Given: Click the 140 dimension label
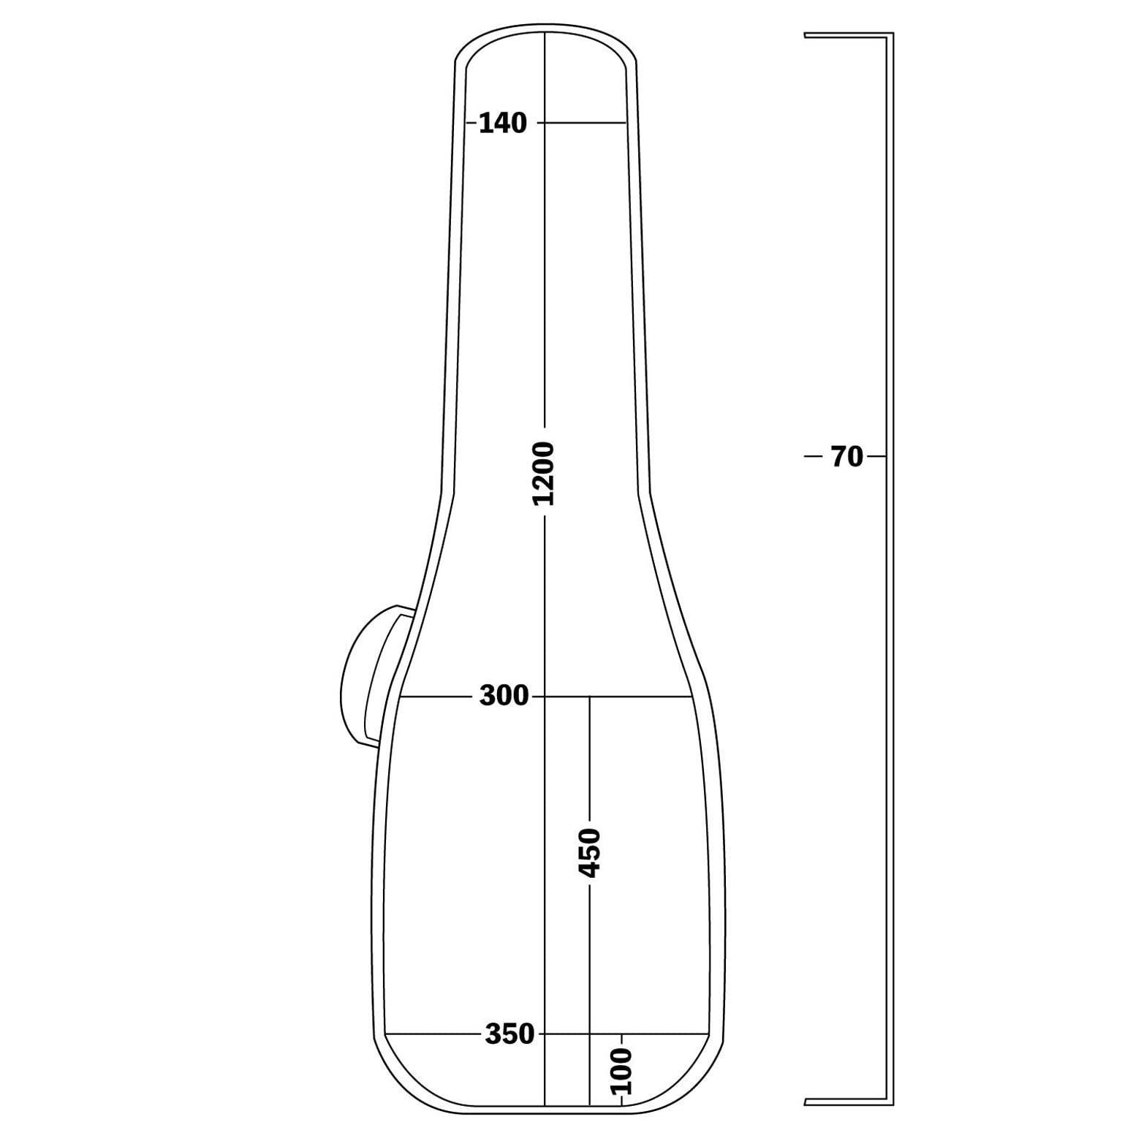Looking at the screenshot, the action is point(502,124).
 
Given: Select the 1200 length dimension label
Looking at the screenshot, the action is point(545,474).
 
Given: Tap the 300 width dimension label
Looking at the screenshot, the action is point(504,696).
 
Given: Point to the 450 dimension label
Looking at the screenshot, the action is point(589,853).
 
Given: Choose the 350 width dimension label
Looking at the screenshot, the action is point(509,1034).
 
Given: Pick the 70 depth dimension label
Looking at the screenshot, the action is point(847,457).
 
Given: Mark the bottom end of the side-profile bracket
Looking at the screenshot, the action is point(805,1102).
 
